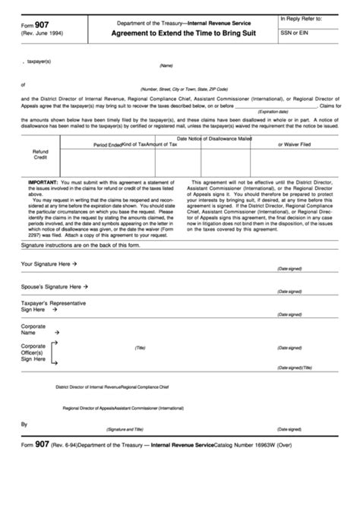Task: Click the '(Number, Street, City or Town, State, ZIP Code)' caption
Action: click(187, 89)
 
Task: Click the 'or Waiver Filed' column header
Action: click(295, 144)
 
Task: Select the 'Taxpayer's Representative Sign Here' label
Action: click(52, 306)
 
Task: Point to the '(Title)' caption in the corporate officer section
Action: click(140, 347)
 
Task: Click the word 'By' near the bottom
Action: click(24, 424)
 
